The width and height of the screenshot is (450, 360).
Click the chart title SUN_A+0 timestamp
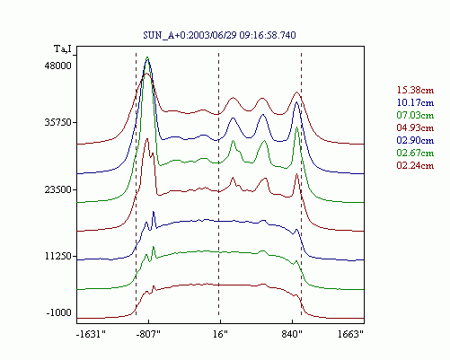click(x=219, y=35)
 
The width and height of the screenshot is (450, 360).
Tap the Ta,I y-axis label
click(x=63, y=48)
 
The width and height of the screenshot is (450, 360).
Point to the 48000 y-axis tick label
click(x=58, y=66)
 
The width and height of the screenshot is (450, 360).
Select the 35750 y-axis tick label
click(x=58, y=122)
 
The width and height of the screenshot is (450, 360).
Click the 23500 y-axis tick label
click(x=58, y=189)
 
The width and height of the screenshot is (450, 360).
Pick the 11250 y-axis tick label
click(x=58, y=256)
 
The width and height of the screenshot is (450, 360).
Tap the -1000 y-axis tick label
click(x=59, y=312)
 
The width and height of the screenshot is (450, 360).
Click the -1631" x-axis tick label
click(x=92, y=334)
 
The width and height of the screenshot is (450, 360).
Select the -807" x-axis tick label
click(x=148, y=334)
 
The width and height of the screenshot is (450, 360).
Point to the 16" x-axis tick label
click(x=220, y=334)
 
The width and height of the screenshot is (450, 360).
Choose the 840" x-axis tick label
click(x=292, y=334)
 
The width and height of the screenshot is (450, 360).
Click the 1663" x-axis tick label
click(x=350, y=334)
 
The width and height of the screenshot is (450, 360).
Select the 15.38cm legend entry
click(x=415, y=90)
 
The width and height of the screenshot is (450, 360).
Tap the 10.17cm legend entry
click(x=415, y=102)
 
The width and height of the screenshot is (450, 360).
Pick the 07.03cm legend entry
click(x=415, y=115)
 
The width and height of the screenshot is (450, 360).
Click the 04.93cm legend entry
click(x=415, y=127)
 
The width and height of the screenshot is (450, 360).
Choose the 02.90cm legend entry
click(x=415, y=140)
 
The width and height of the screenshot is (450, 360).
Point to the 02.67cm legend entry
click(x=415, y=153)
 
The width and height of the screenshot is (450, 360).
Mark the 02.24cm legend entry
click(x=415, y=165)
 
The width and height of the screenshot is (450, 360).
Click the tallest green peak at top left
click(x=147, y=57)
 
